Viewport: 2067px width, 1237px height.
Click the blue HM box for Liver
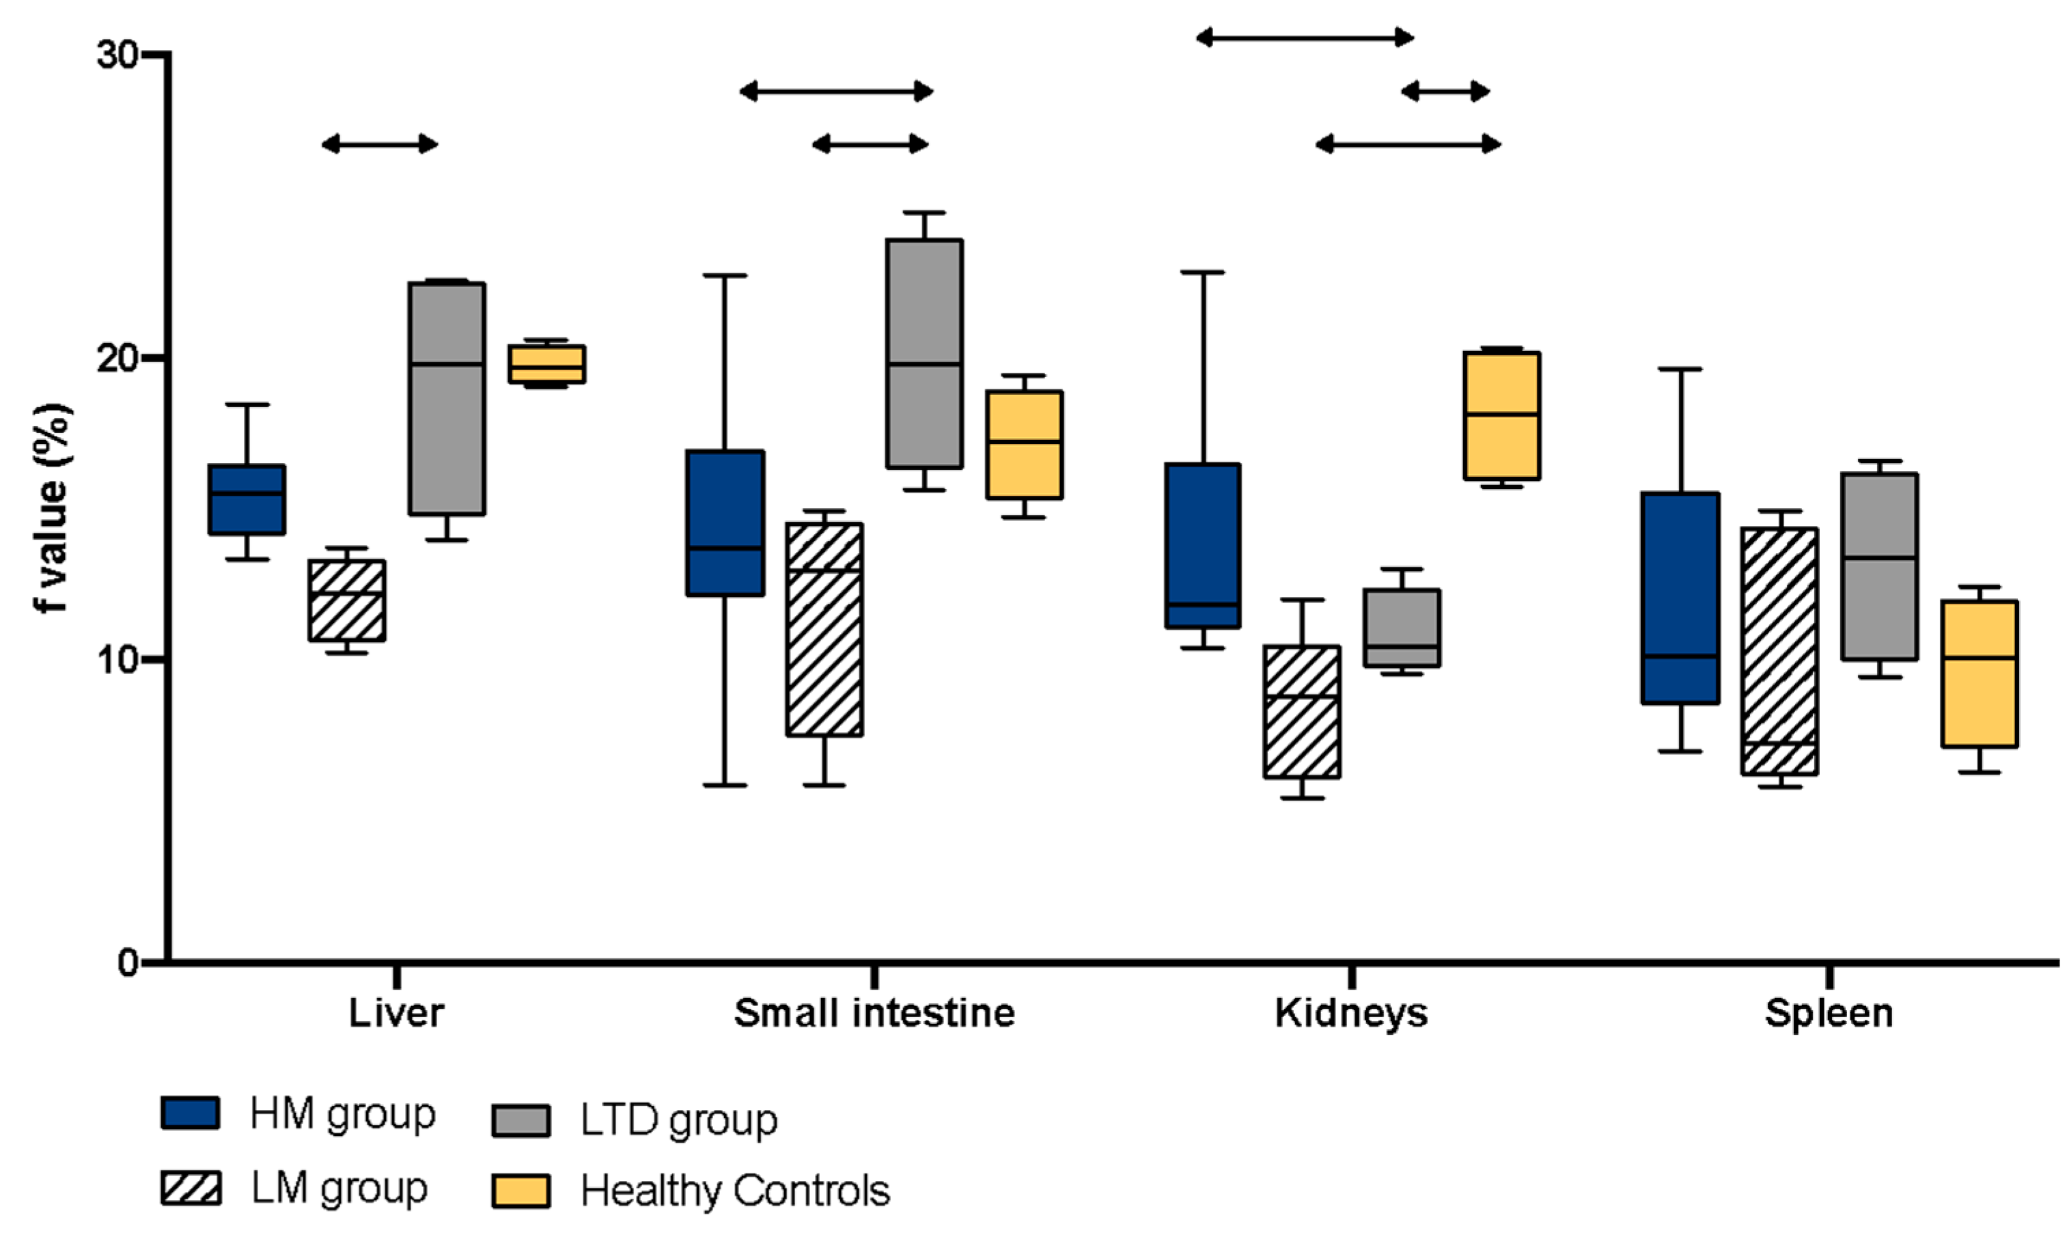[247, 499]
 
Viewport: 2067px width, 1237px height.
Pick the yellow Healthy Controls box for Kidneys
[1501, 415]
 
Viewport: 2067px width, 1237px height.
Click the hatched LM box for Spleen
[1779, 651]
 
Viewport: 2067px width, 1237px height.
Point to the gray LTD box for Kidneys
[1402, 628]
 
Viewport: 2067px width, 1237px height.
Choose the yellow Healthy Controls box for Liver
[546, 363]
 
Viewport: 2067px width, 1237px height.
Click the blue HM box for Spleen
[1680, 598]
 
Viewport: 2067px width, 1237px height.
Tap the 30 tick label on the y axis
[117, 55]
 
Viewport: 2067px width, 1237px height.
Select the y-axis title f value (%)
[52, 508]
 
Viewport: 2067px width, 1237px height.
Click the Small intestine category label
[874, 1014]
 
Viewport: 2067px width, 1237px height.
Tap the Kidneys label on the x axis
[1351, 1014]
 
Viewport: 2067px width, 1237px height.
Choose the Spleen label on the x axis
[1829, 1014]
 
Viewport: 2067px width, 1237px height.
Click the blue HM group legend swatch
[191, 1113]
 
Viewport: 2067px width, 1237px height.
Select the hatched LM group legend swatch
[191, 1188]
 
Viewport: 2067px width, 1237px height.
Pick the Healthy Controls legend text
[735, 1191]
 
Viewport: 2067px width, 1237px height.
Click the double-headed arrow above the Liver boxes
[379, 144]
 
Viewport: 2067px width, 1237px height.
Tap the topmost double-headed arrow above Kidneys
[1305, 38]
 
